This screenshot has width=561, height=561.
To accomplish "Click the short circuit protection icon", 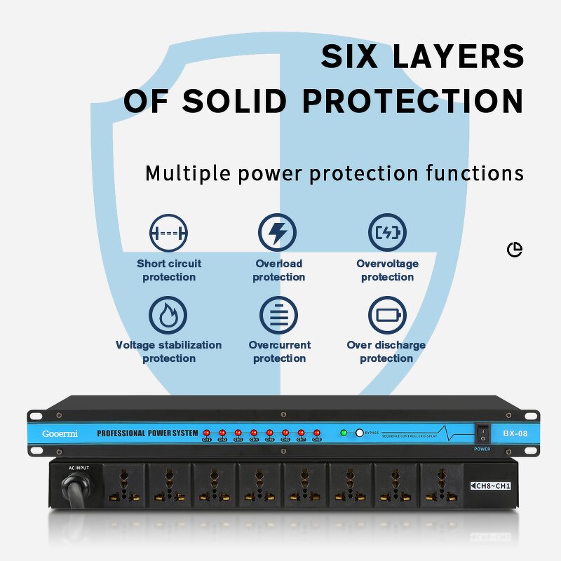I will pyautogui.click(x=168, y=233).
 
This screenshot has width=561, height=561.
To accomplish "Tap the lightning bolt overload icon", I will pyautogui.click(x=278, y=233).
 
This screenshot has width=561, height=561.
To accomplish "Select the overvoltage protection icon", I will pyautogui.click(x=387, y=233).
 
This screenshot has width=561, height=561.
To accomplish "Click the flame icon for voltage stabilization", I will pyautogui.click(x=168, y=315).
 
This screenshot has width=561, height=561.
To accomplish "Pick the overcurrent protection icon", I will pyautogui.click(x=278, y=315).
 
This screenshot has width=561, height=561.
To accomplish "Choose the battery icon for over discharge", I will pyautogui.click(x=387, y=315).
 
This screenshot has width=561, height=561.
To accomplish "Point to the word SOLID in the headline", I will pyautogui.click(x=235, y=101).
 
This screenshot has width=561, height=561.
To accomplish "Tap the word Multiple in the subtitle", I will pyautogui.click(x=189, y=173).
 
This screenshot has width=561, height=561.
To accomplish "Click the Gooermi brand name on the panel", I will pyautogui.click(x=60, y=433).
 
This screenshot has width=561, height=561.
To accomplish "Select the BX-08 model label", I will pyautogui.click(x=515, y=433).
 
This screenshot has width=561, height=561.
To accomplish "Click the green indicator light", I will pyautogui.click(x=344, y=433).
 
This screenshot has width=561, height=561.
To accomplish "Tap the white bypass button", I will pyautogui.click(x=360, y=433).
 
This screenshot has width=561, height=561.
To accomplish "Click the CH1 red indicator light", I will pyautogui.click(x=207, y=433).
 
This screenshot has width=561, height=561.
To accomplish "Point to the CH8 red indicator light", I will pyautogui.click(x=317, y=433).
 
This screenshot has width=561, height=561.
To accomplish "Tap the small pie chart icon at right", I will pyautogui.click(x=515, y=250).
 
